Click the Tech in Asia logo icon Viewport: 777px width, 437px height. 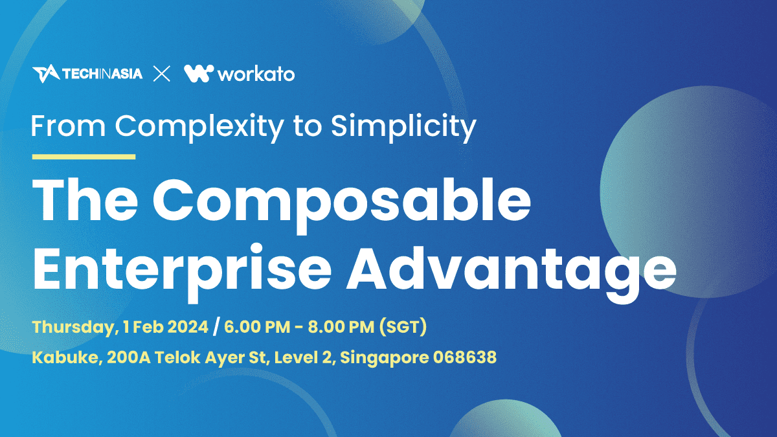coord(46,74)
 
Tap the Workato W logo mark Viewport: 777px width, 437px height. coord(199,74)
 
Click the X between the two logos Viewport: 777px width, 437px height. coord(162,74)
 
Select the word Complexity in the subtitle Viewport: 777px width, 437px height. coord(199,128)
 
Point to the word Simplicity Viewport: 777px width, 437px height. coord(403,128)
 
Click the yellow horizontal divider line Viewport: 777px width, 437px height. coord(84,157)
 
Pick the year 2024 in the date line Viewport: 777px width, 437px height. coord(188,327)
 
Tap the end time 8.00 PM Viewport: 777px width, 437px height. coord(341,327)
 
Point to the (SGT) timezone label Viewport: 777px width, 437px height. coord(403,327)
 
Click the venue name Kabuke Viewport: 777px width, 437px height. coord(67,357)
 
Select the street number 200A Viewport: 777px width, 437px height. coord(129,357)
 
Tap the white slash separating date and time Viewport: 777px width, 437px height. coord(216,327)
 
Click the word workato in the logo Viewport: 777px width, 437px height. coord(256,74)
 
